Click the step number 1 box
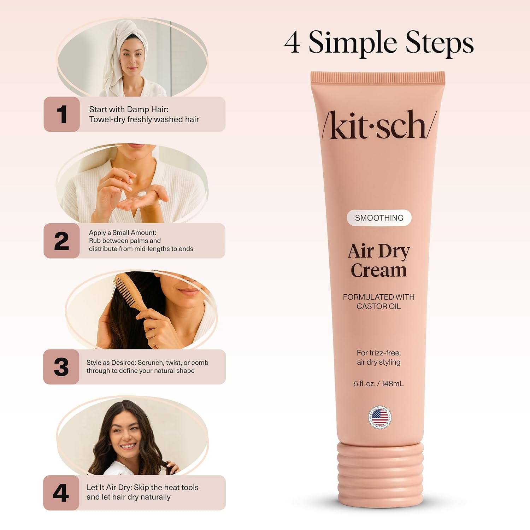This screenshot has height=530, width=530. [61, 114]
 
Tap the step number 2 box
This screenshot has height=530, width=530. [61, 241]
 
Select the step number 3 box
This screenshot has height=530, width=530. [61, 367]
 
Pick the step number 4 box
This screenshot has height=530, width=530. [61, 493]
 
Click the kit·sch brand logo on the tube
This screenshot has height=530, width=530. [379, 124]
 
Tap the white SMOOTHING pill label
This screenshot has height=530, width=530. [379, 218]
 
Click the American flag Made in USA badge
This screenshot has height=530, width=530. [379, 417]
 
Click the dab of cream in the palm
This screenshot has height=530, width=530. [142, 194]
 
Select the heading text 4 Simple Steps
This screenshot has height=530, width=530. [379, 43]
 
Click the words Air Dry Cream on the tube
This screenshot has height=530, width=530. [379, 261]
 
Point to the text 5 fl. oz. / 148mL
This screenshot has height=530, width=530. [379, 383]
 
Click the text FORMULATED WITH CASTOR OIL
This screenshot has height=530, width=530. [379, 301]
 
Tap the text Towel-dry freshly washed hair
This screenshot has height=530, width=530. [144, 119]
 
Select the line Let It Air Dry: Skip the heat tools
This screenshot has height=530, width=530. [143, 488]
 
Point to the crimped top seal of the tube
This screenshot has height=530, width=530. [378, 77]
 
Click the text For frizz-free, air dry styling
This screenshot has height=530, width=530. [379, 357]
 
